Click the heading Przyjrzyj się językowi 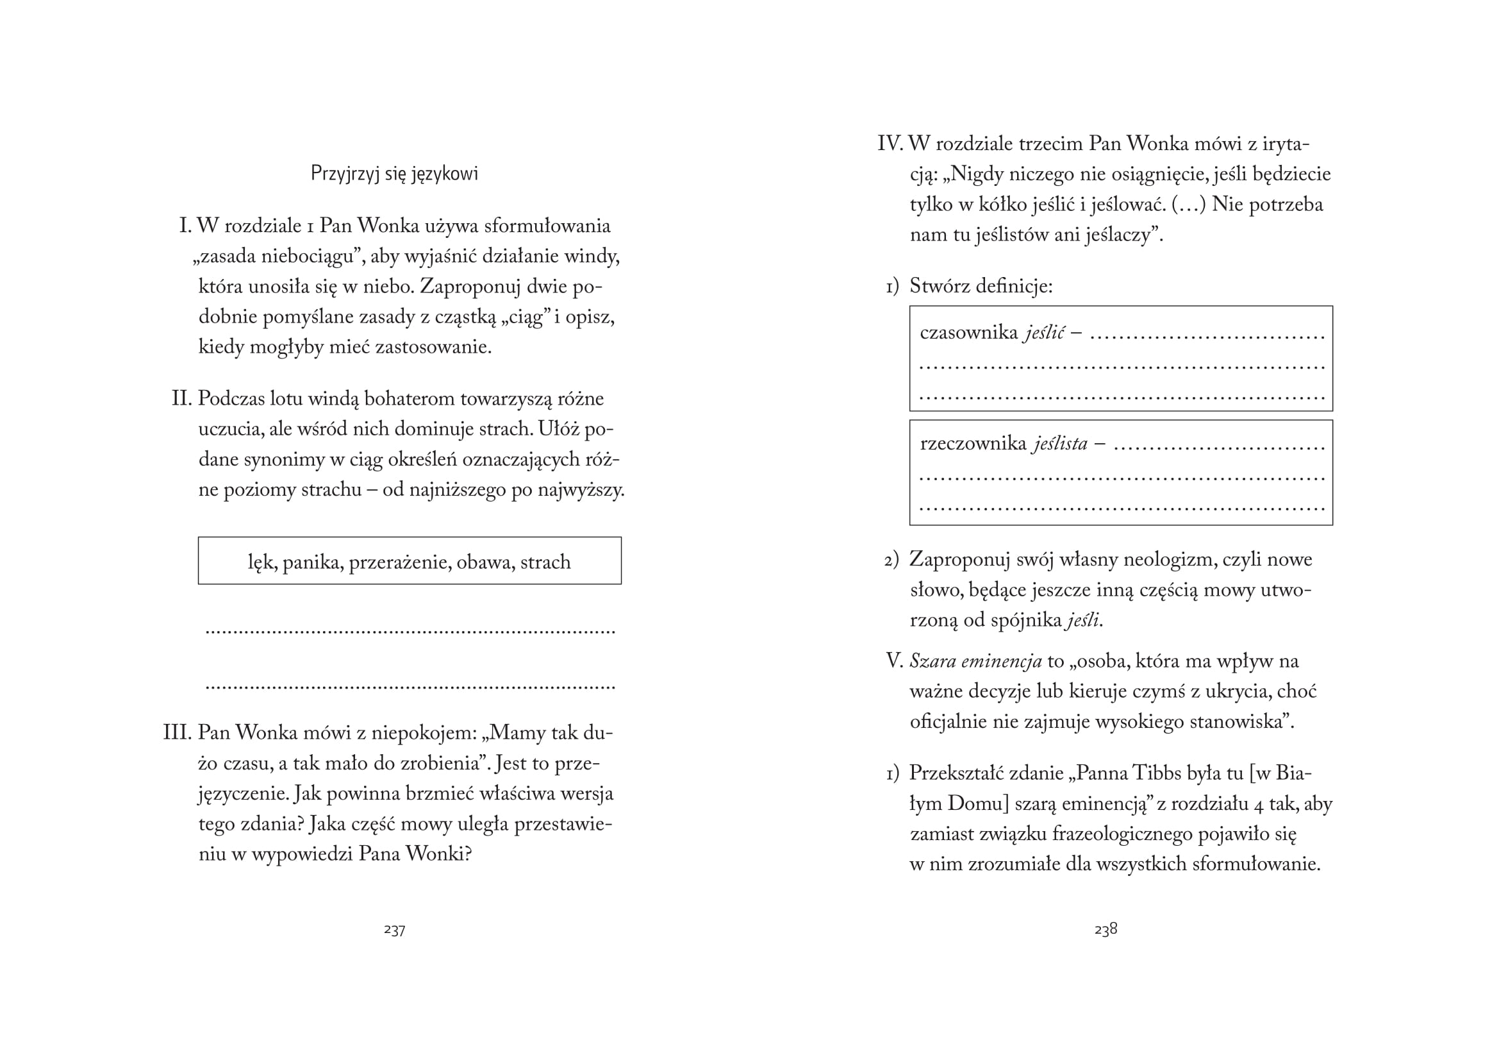pos(394,174)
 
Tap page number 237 pos(394,930)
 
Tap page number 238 pos(1106,929)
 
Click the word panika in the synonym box pos(313,562)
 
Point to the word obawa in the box pos(484,562)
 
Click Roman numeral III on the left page pos(177,733)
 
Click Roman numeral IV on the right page pos(890,144)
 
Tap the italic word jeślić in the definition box pos(1045,333)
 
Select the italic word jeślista pos(1059,444)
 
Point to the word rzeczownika pos(973,444)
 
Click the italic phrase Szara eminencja pos(975,662)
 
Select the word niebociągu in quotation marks pos(307,257)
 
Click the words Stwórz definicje pos(981,286)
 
